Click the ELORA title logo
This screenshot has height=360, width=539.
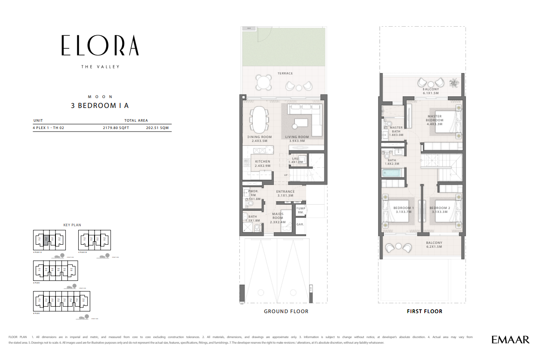pyautogui.click(x=100, y=45)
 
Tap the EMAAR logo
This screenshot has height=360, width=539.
pyautogui.click(x=510, y=340)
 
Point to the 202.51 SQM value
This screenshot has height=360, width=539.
pyautogui.click(x=157, y=128)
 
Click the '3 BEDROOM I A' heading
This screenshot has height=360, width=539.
pyautogui.click(x=100, y=105)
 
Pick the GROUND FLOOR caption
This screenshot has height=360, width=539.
pyautogui.click(x=286, y=311)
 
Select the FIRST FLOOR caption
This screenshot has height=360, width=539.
pyautogui.click(x=424, y=311)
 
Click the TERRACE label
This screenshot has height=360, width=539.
pyautogui.click(x=285, y=74)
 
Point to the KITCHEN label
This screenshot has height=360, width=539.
pyautogui.click(x=262, y=162)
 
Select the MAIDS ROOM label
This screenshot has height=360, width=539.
pyautogui.click(x=278, y=216)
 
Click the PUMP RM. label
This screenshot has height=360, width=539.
pyautogui.click(x=300, y=210)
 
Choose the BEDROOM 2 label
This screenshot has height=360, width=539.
pyautogui.click(x=440, y=208)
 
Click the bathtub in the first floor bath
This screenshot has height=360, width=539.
pyautogui.click(x=391, y=173)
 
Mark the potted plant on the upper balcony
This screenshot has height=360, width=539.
pyautogui.click(x=453, y=83)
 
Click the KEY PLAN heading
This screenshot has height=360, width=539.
pyautogui.click(x=72, y=225)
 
